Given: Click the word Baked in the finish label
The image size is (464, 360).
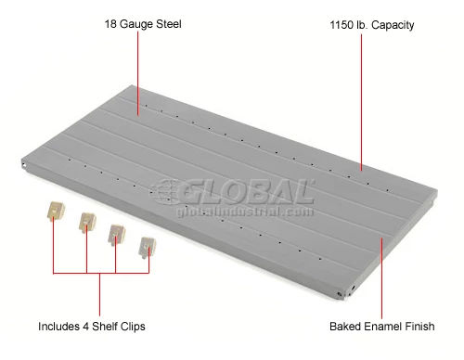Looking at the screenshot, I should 345,327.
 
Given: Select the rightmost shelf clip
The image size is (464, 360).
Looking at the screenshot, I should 147,247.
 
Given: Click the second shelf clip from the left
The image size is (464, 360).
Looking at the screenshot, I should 86,223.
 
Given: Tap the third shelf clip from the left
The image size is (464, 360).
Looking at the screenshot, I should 117,235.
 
